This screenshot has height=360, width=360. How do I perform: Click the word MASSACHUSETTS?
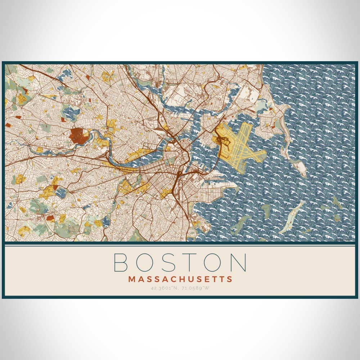(x=180, y=279)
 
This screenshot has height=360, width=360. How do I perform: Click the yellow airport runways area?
(x=245, y=144)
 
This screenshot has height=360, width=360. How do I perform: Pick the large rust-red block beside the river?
(x=77, y=135)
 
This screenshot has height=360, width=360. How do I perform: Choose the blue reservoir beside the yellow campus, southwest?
(x=60, y=193)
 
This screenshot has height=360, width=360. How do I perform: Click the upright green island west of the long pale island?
(x=266, y=211)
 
